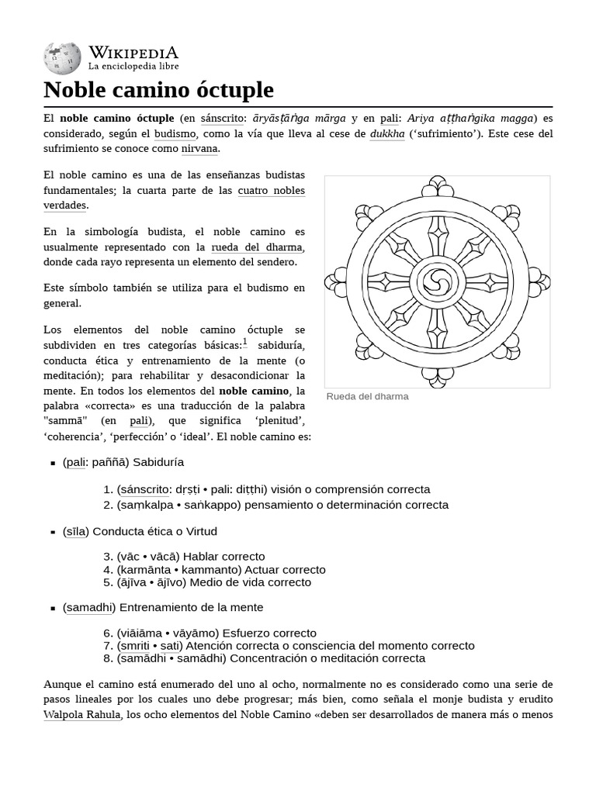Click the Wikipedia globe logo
[x=62, y=57]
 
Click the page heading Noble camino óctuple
[x=158, y=90]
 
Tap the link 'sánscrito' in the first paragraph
[x=223, y=119]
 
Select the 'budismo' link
[x=175, y=133]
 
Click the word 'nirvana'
[x=199, y=148]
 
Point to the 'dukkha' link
[x=387, y=133]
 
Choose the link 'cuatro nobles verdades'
[x=271, y=191]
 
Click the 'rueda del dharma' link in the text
[x=257, y=247]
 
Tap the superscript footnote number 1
[x=245, y=341]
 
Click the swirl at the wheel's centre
[x=437, y=282]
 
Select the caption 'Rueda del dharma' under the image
[x=367, y=396]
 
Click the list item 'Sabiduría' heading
[x=158, y=462]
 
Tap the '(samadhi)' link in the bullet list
[x=89, y=607]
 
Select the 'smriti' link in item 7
[x=136, y=645]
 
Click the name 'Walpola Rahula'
[x=82, y=714]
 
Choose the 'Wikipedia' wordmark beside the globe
[x=133, y=53]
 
